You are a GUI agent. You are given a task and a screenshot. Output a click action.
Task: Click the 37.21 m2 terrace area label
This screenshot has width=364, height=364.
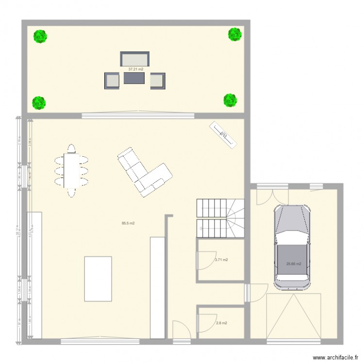coord(135,69)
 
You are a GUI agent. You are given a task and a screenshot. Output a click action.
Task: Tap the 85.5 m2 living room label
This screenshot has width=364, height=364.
coord(128,223)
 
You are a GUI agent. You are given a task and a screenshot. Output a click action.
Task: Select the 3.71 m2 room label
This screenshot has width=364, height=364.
coord(221,260)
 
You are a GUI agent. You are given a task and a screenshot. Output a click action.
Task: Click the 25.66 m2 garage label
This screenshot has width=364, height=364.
coord(294,264)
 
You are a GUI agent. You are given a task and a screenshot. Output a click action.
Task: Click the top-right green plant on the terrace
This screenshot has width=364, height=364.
coord(235,33)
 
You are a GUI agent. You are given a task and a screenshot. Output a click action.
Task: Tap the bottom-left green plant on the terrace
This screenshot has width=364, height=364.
coord(39,102)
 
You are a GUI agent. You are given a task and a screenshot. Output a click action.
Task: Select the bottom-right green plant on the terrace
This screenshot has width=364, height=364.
coord(230,100)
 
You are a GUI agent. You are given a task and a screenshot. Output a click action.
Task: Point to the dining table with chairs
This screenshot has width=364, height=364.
coord(72,170)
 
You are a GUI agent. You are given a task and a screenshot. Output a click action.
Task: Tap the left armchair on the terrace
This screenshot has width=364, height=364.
coord(111,81)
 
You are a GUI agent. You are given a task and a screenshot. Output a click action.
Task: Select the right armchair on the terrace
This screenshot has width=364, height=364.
coord(157,81)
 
